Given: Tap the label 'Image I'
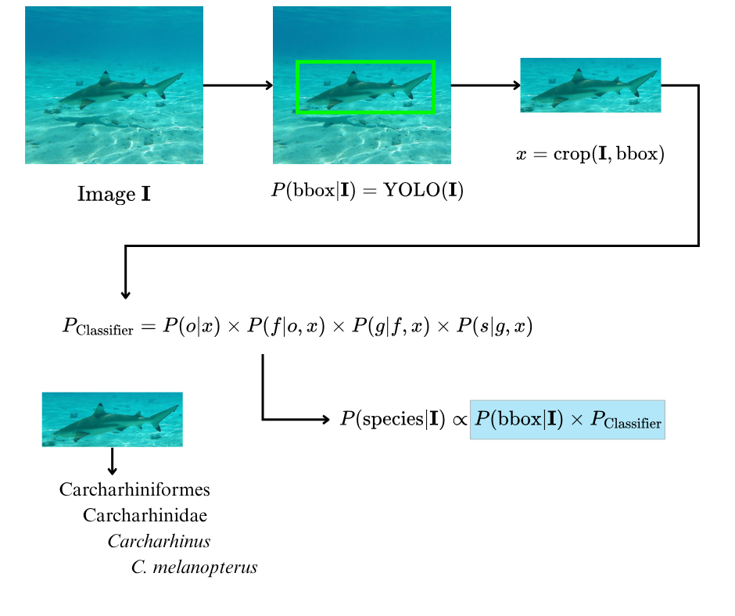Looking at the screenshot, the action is (x=114, y=194).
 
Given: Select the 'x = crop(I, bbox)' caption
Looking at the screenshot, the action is (x=590, y=154).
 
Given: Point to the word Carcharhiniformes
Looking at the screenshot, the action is (x=134, y=489).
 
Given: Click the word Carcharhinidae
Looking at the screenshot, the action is (x=145, y=515).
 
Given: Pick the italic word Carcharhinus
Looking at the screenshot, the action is (x=159, y=542).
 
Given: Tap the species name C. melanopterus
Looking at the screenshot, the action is (x=194, y=568).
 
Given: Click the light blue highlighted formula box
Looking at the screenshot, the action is (x=567, y=420).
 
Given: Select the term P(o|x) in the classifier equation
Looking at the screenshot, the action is (x=192, y=326).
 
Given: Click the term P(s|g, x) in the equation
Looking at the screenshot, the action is (x=494, y=326).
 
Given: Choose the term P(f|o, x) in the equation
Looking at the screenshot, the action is (x=286, y=326).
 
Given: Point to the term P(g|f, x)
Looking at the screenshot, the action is (x=390, y=326).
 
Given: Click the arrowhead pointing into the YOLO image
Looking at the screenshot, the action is (x=270, y=85).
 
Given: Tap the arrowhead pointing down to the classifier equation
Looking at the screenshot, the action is (x=125, y=295).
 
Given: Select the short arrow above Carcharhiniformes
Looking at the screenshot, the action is (x=112, y=461).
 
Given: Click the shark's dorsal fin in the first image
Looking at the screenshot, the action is (x=105, y=78).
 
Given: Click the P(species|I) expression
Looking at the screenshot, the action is (x=393, y=419).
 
